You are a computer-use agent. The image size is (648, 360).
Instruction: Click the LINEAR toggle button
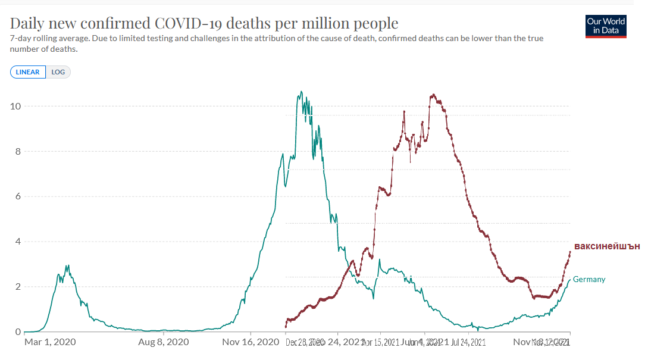click(x=27, y=72)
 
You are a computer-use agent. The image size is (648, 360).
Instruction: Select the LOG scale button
click(x=58, y=72)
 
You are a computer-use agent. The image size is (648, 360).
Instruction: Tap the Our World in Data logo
click(x=606, y=25)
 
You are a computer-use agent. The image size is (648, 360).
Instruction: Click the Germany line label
click(x=588, y=280)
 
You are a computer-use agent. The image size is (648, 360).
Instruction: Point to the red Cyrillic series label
click(x=606, y=246)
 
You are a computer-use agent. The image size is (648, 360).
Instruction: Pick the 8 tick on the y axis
click(x=17, y=151)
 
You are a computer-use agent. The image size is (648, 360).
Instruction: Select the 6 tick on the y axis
click(x=17, y=196)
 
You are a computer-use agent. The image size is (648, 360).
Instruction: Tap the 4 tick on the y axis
click(x=17, y=242)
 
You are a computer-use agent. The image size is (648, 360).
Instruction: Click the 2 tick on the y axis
click(x=17, y=286)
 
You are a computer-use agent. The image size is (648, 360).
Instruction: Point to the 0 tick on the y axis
click(x=17, y=331)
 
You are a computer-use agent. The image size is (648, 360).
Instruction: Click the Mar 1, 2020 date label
click(x=50, y=342)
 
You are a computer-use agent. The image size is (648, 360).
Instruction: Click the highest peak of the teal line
click(x=301, y=92)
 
